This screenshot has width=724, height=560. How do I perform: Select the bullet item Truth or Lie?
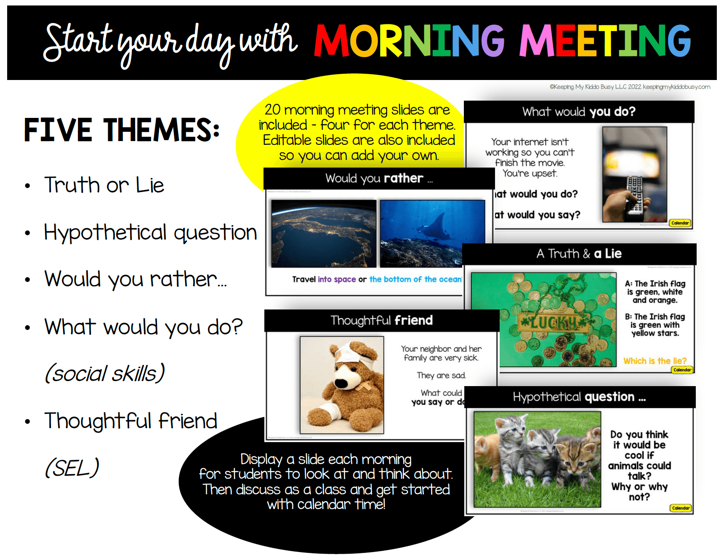tap(104, 185)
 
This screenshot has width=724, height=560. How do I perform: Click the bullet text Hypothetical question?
tap(150, 232)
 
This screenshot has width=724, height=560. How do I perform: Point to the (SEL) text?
tap(72, 468)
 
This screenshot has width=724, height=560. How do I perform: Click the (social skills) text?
tap(104, 373)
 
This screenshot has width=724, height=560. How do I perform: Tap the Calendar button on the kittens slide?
tap(681, 508)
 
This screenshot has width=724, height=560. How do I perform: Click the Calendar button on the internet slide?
tap(680, 223)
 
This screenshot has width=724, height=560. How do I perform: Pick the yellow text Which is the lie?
tap(655, 361)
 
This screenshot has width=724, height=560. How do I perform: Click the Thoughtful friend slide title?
tap(381, 320)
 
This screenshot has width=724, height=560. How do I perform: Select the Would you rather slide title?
tap(379, 179)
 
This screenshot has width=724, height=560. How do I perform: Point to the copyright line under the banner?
tap(630, 87)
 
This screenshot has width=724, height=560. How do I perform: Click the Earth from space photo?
tap(324, 234)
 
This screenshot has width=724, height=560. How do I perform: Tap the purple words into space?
tap(337, 279)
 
